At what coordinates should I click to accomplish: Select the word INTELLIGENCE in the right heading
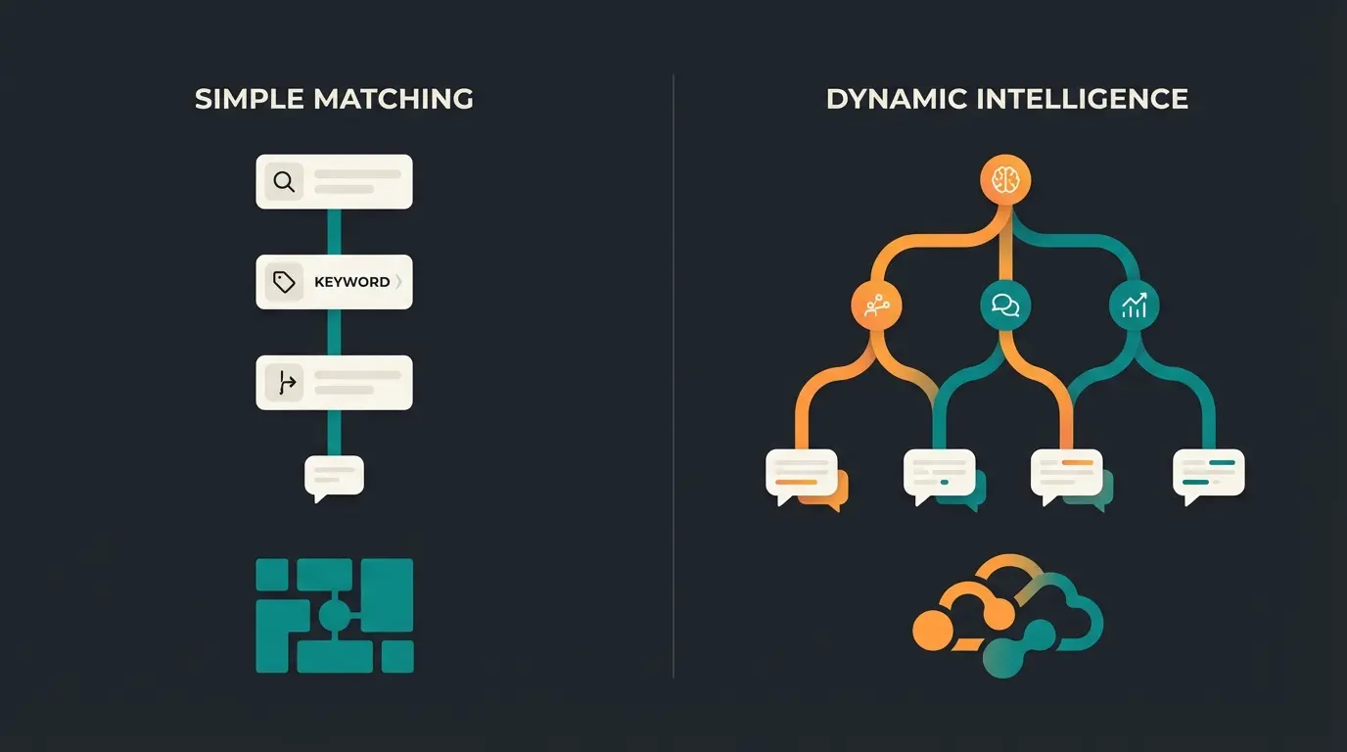[x=1077, y=99]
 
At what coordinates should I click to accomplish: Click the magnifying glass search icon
[x=284, y=181]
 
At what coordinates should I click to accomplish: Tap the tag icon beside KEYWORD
[x=284, y=282]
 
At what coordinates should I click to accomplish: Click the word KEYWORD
[x=351, y=282]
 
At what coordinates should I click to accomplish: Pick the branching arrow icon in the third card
[x=285, y=383]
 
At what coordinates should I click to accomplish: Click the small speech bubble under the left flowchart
[x=334, y=477]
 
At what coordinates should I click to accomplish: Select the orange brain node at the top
[x=1005, y=180]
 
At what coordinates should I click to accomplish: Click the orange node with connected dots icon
[x=876, y=306]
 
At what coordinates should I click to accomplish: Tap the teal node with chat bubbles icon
[x=1005, y=306]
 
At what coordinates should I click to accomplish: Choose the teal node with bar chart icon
[x=1134, y=306]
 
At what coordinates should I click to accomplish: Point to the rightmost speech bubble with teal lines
[x=1208, y=473]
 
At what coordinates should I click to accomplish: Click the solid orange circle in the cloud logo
[x=933, y=630]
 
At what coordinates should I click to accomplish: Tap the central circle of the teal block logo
[x=334, y=616]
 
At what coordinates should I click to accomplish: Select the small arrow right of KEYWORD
[x=398, y=282]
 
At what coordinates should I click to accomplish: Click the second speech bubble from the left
[x=939, y=473]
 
